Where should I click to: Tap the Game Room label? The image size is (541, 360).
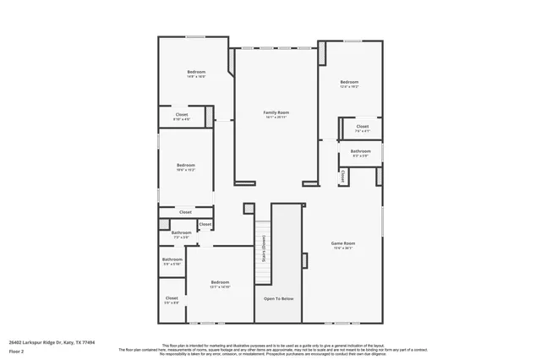point(342,243)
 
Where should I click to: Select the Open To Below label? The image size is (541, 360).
point(278,298)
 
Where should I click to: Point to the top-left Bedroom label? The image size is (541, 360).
point(196,72)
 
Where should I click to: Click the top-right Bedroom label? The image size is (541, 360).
point(349,82)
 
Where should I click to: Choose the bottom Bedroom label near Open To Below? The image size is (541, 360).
point(220,282)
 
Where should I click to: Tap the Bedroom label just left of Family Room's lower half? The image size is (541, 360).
point(186,165)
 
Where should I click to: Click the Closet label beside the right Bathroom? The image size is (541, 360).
point(362,127)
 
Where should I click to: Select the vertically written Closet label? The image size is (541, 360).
point(342,177)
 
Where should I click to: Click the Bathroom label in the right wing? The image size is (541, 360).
point(361,151)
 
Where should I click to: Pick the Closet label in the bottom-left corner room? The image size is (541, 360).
point(172,297)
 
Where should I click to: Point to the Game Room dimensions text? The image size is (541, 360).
point(342,248)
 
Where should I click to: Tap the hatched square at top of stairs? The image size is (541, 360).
point(249,208)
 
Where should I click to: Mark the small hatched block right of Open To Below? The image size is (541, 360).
point(305,259)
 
